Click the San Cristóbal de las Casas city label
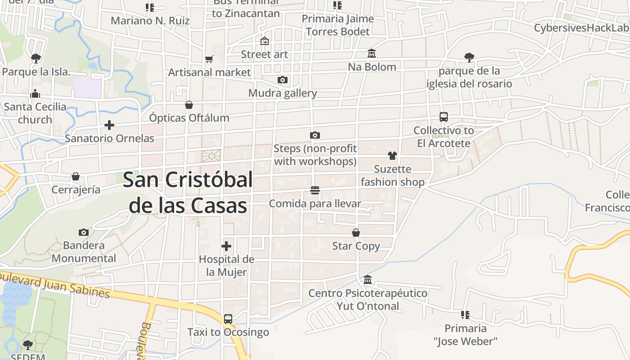click(188, 193)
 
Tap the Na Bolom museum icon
click(372, 54)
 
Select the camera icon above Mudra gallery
click(283, 80)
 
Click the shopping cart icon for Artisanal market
click(209, 59)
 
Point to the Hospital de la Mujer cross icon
click(226, 246)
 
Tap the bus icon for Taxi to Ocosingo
click(228, 319)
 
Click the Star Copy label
click(356, 246)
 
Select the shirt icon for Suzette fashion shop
click(392, 156)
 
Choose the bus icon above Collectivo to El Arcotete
click(444, 117)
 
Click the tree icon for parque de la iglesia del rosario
click(469, 58)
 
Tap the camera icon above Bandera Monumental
click(84, 233)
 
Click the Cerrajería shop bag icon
click(76, 176)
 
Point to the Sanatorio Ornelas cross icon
click(109, 125)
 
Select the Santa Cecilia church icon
click(35, 94)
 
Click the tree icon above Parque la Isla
click(36, 58)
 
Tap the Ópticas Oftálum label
click(189, 118)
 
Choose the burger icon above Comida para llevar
click(315, 190)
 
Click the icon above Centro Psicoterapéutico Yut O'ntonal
click(368, 280)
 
